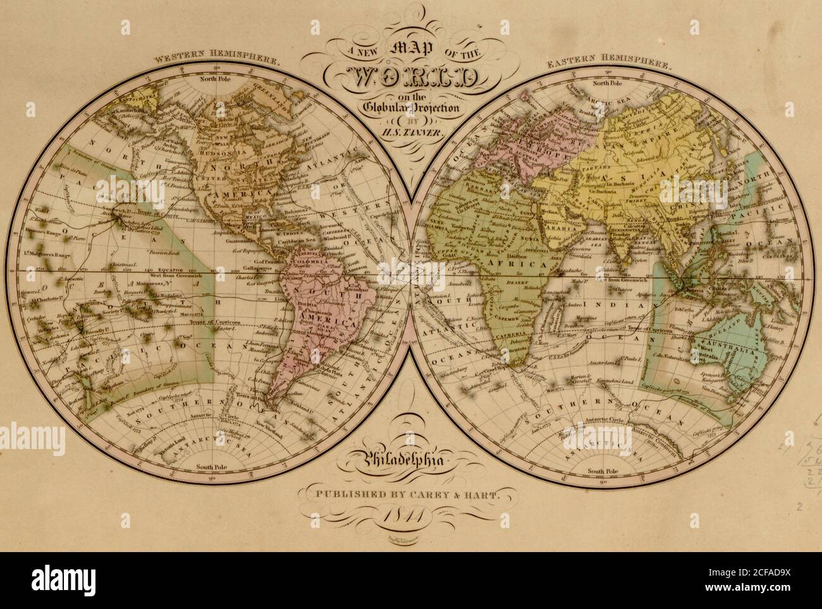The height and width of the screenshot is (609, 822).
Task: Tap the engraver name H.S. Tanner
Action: (411, 133)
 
